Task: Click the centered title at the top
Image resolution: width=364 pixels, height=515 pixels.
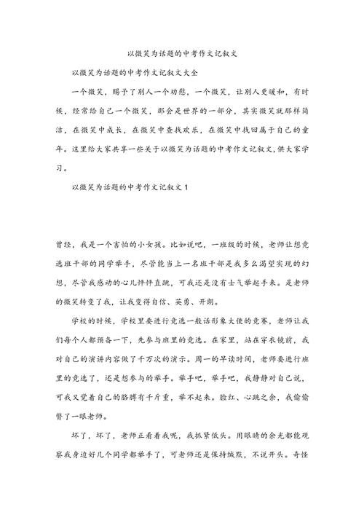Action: [x=181, y=54]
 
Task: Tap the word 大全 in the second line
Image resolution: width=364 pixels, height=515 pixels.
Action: [x=189, y=74]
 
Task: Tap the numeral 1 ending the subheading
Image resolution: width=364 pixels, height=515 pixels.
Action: [x=187, y=189]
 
